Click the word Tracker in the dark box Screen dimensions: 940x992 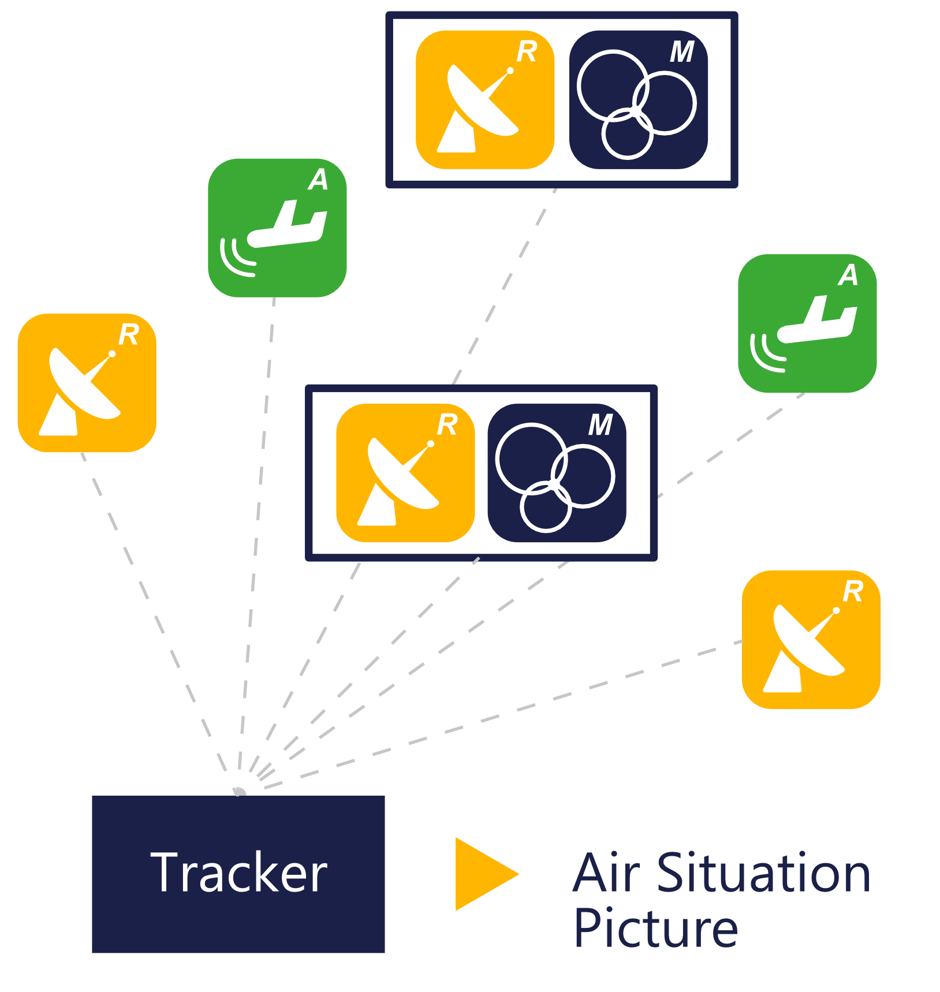(238, 872)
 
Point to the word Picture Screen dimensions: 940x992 (656, 928)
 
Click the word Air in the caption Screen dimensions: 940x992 (606, 873)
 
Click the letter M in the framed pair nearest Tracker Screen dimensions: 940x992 (600, 425)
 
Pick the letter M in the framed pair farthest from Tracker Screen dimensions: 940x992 (682, 51)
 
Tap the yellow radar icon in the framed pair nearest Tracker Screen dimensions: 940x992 (405, 472)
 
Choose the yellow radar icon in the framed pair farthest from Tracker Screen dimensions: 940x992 (485, 100)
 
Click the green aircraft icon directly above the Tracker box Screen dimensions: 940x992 (277, 228)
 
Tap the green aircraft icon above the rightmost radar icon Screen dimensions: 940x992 (807, 323)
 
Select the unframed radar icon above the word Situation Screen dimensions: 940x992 (811, 640)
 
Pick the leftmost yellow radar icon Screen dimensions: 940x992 (87, 383)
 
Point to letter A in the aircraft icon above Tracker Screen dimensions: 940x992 (318, 180)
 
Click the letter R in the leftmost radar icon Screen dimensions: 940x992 (129, 334)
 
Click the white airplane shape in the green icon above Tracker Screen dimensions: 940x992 (287, 226)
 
